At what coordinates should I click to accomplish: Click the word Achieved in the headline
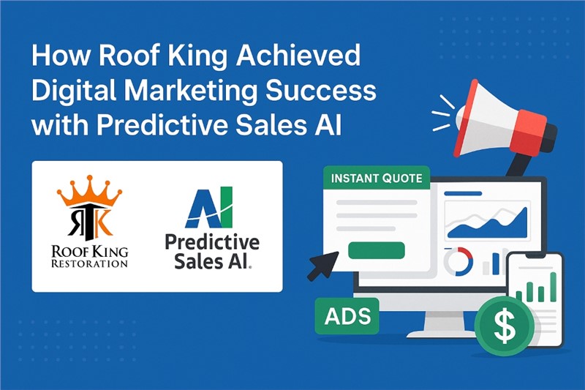tap(298, 56)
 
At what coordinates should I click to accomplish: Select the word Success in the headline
tap(321, 90)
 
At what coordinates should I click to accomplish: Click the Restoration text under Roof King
tap(89, 263)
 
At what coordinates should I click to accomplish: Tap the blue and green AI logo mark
tap(210, 207)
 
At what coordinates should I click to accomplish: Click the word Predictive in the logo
tap(212, 242)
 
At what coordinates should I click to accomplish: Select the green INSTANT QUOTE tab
tap(377, 178)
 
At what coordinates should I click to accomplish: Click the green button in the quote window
tap(376, 250)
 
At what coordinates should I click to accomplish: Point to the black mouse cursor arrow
tap(323, 266)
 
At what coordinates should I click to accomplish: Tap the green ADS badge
tap(347, 316)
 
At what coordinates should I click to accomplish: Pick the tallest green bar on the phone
tap(554, 287)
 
